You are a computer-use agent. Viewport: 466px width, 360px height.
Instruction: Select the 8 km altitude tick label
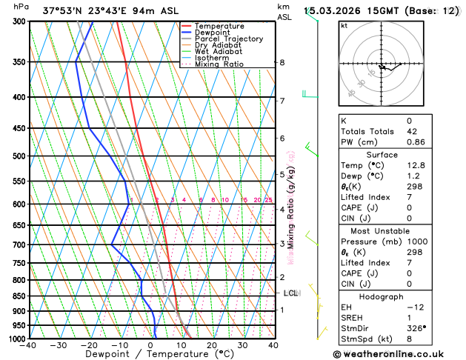pos(282,62)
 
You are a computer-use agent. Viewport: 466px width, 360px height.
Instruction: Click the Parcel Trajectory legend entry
pos(228,39)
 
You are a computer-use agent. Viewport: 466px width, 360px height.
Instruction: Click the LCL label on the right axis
pos(291,293)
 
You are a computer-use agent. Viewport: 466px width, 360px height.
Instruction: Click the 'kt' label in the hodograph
pos(344,25)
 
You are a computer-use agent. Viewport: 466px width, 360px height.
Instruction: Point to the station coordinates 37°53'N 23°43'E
pos(81,10)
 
